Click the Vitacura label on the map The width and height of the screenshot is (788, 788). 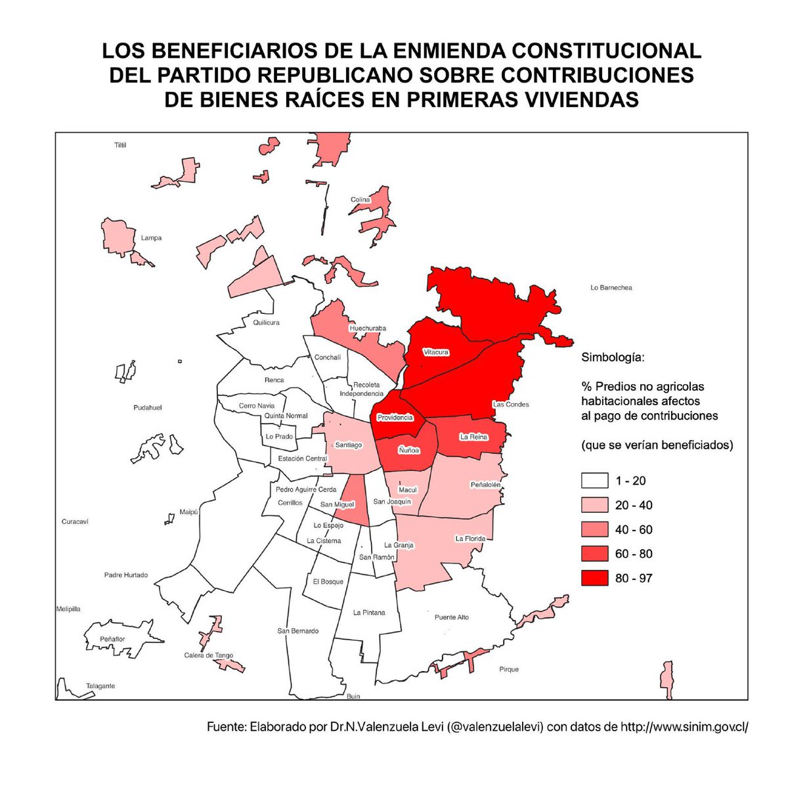click(436, 352)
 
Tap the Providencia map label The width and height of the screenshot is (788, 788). click(395, 418)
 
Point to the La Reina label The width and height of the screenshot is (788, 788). click(473, 437)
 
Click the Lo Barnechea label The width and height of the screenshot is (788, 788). click(611, 288)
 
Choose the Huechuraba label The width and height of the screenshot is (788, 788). click(368, 328)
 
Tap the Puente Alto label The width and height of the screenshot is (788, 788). click(452, 617)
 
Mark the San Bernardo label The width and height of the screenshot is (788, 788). click(297, 631)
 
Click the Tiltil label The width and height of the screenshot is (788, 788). click(120, 144)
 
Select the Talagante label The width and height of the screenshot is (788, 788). click(100, 686)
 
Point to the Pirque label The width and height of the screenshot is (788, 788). click(508, 669)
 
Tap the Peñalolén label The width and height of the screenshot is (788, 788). click(485, 485)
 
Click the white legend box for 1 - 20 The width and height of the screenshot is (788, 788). click(594, 481)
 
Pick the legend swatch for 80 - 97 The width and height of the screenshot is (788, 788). click(594, 578)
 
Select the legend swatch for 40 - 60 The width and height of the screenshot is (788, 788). click(594, 529)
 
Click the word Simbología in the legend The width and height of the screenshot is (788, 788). click(613, 359)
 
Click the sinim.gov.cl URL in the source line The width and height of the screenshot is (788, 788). click(684, 728)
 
